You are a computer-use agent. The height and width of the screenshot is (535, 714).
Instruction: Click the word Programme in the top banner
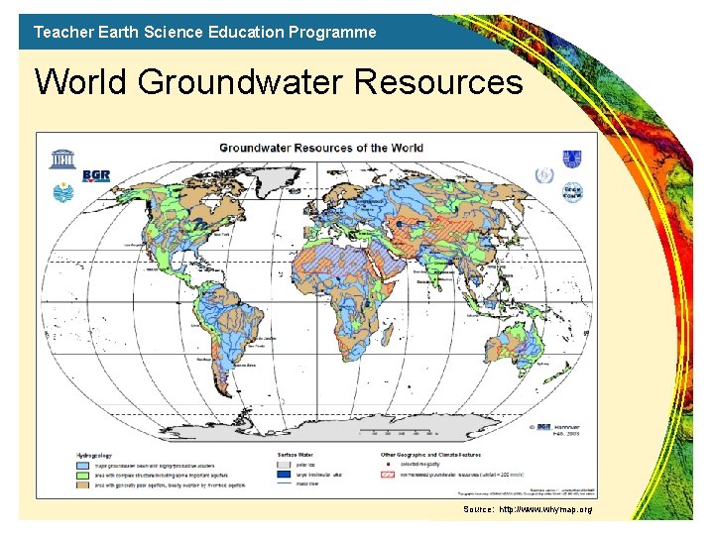332,32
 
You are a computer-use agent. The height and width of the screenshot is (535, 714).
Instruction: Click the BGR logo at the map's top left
97,176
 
